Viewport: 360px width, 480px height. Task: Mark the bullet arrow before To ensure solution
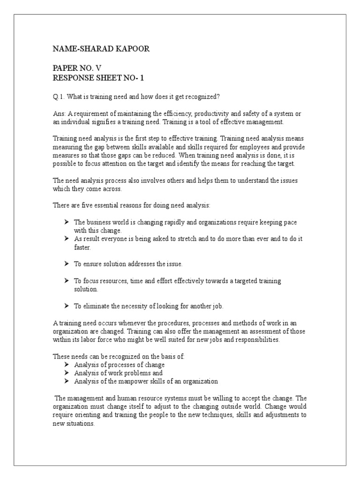pyautogui.click(x=67, y=264)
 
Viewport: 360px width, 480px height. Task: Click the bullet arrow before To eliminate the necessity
pyautogui.click(x=67, y=306)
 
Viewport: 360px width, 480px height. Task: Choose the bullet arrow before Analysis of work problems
pyautogui.click(x=67, y=373)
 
